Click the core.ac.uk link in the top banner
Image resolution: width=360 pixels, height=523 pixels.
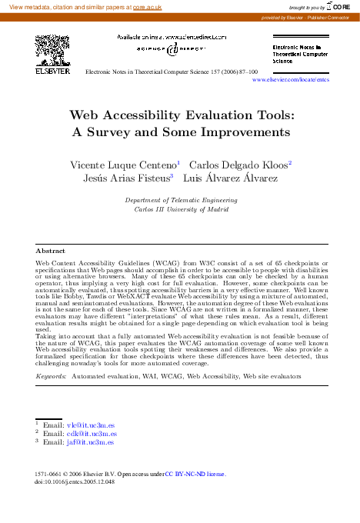pos(146,6)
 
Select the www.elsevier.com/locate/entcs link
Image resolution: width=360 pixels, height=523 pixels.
pos(290,79)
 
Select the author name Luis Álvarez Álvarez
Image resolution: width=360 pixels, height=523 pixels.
pos(230,178)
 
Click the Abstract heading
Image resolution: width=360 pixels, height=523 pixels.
pos(50,251)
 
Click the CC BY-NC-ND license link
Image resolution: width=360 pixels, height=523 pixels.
pos(196,475)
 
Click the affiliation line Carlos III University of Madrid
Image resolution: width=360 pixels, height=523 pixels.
pos(181,208)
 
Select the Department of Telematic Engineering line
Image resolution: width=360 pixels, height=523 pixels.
pos(181,199)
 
